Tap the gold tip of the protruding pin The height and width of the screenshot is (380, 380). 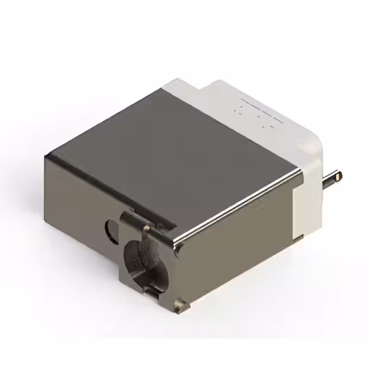(338, 176)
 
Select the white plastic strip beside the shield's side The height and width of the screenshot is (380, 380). (306, 202)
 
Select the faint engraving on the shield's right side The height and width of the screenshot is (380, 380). (258, 205)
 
